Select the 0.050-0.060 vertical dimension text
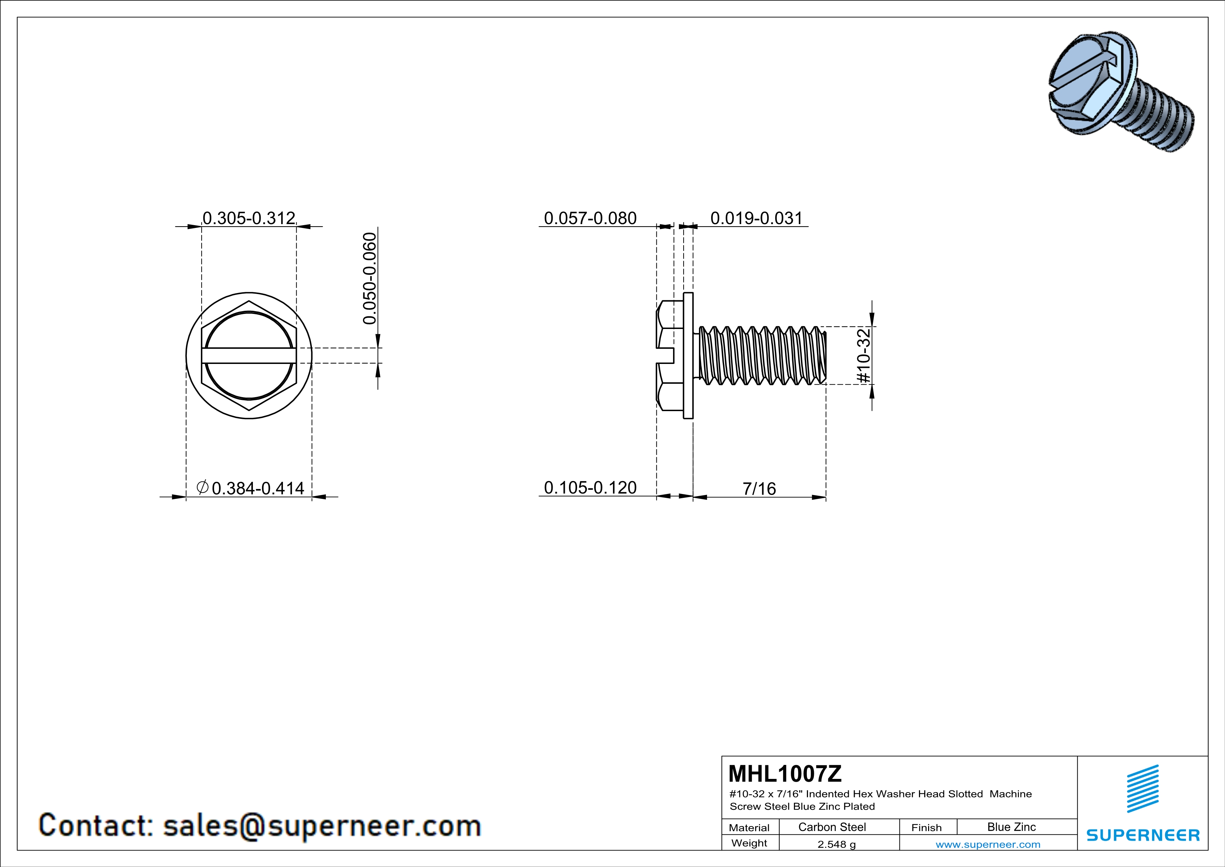pyautogui.click(x=369, y=278)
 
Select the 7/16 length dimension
pyautogui.click(x=759, y=488)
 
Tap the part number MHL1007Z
pyautogui.click(x=785, y=774)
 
